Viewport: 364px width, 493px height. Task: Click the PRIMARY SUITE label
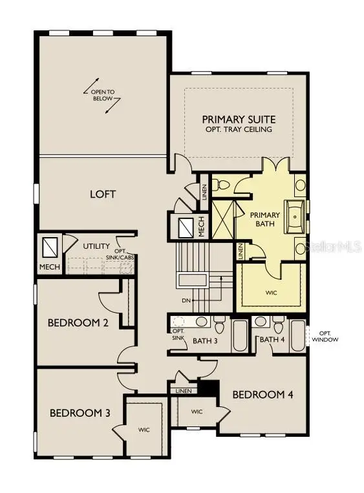tap(239, 119)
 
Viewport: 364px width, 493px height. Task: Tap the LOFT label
tap(102, 194)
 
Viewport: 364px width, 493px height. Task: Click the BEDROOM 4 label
tap(263, 394)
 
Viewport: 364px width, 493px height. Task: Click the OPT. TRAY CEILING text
tap(239, 129)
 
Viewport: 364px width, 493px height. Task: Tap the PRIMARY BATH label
tap(264, 220)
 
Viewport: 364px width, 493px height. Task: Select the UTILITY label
tap(96, 246)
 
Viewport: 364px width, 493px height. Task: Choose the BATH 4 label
tap(272, 339)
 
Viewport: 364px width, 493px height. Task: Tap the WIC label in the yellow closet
tap(271, 292)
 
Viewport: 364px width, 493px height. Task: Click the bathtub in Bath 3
tap(239, 335)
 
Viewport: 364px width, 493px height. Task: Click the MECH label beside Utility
tap(49, 266)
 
